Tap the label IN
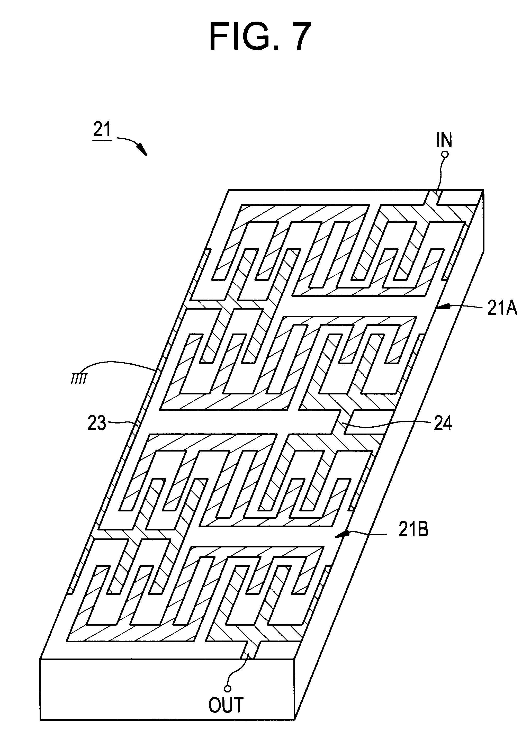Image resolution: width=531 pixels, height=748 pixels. tap(444, 140)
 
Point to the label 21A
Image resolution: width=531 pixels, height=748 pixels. tap(502, 308)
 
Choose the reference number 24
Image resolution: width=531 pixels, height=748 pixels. tap(443, 423)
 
